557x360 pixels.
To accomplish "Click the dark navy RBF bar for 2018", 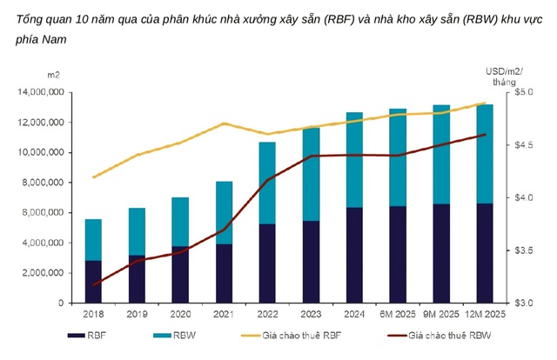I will (93, 282).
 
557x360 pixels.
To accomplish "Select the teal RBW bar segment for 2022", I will (267, 183).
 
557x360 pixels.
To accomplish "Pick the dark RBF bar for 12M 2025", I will (484, 253).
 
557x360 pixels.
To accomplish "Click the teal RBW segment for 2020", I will (180, 222).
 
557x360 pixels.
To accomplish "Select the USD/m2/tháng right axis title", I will (503, 76).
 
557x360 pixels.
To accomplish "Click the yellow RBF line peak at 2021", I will (224, 123).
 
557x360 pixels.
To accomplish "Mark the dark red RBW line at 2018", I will (93, 285).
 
